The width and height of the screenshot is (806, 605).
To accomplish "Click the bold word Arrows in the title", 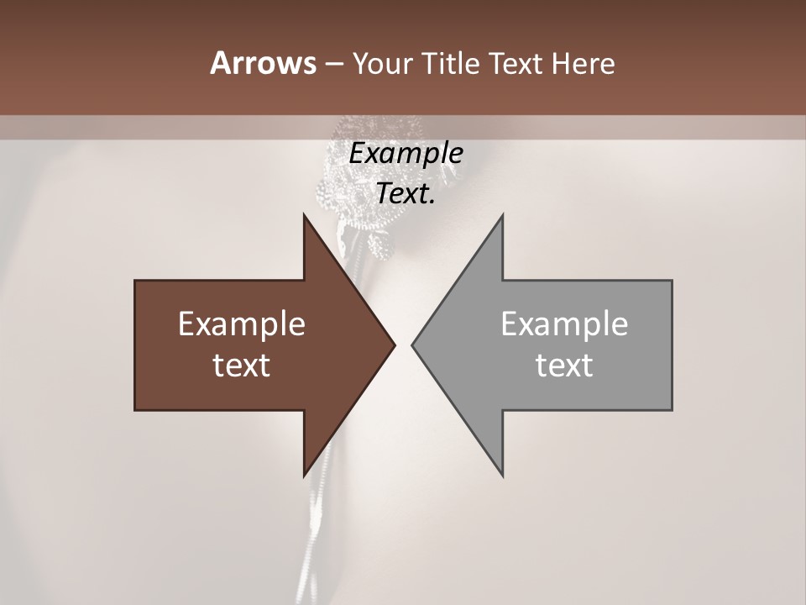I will pyautogui.click(x=263, y=63).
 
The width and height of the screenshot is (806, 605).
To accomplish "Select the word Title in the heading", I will pyautogui.click(x=450, y=63).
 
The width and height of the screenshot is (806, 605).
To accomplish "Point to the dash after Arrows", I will pyautogui.click(x=333, y=65).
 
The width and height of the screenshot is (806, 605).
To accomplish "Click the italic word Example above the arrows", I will pyautogui.click(x=406, y=154).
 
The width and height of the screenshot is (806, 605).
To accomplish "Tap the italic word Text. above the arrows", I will pyautogui.click(x=406, y=194).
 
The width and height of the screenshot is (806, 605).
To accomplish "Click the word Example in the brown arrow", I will pyautogui.click(x=242, y=324).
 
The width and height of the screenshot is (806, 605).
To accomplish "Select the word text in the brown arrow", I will pyautogui.click(x=242, y=365).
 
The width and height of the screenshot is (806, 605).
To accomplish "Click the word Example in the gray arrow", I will pyautogui.click(x=564, y=324).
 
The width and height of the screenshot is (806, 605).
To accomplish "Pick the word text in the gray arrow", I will pyautogui.click(x=564, y=365).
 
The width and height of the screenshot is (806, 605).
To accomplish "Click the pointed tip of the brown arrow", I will pyautogui.click(x=395, y=345).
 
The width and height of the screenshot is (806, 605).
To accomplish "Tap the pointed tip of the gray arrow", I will pyautogui.click(x=412, y=345).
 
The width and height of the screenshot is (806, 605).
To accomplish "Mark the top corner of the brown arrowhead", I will pyautogui.click(x=305, y=214).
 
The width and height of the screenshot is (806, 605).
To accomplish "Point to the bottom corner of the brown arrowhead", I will pyautogui.click(x=305, y=476).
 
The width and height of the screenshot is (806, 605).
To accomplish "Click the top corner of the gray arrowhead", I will pyautogui.click(x=502, y=214).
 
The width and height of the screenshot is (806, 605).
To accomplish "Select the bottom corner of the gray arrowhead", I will pyautogui.click(x=502, y=476).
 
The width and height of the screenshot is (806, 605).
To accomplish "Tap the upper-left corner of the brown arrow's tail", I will pyautogui.click(x=135, y=281).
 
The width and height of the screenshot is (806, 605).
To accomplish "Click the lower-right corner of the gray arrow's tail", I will pyautogui.click(x=672, y=409).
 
